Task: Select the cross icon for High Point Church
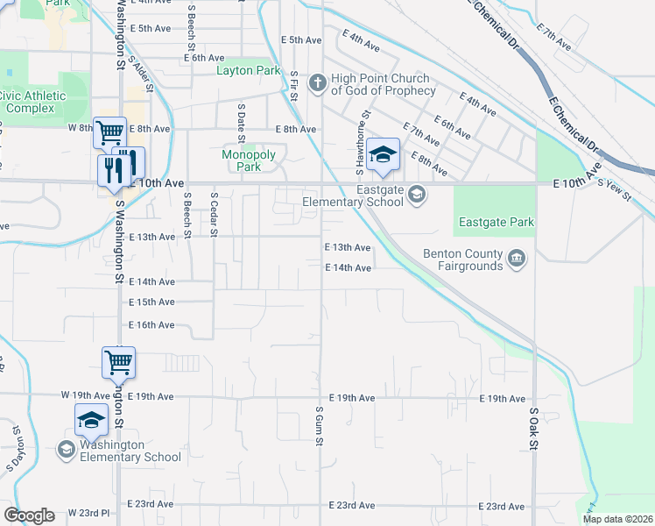tap(317, 83)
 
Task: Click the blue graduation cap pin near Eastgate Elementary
tap(383, 156)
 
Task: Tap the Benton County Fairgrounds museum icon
tap(517, 257)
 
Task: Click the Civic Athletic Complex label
tap(32, 102)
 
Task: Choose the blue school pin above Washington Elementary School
tap(91, 421)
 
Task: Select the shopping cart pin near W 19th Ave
tap(118, 361)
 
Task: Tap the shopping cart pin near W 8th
tap(109, 133)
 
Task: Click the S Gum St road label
tap(320, 425)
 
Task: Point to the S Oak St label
tap(532, 425)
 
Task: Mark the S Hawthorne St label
tap(358, 140)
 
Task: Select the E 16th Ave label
tap(151, 324)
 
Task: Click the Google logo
tap(30, 515)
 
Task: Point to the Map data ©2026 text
tap(617, 519)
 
